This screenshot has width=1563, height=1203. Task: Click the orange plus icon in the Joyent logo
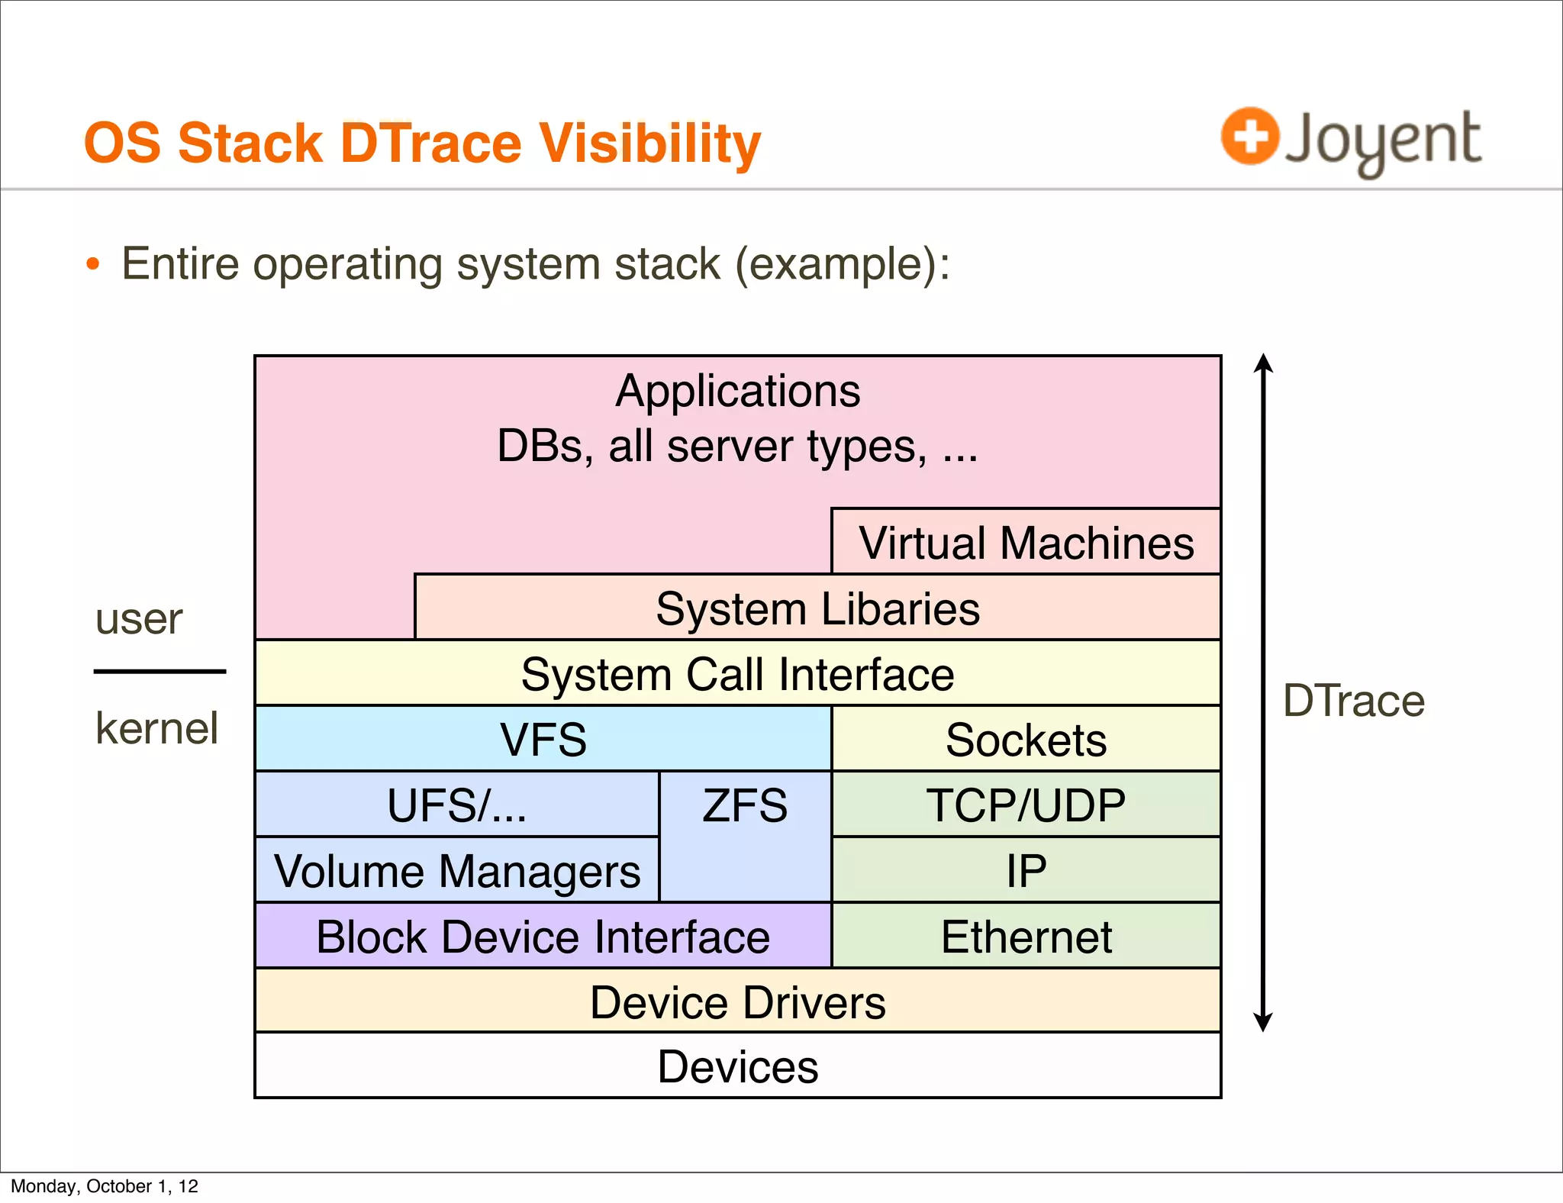tap(1249, 137)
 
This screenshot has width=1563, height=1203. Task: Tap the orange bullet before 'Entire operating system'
tap(93, 265)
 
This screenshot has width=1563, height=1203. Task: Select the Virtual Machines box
tap(1026, 543)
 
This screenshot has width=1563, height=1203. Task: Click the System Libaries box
tap(817, 608)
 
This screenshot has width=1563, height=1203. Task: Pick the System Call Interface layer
tap(737, 674)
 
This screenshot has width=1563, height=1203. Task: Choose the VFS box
tap(543, 739)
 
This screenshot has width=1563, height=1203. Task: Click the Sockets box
tap(1026, 739)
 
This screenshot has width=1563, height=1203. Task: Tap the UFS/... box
tap(456, 805)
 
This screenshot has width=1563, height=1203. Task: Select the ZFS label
tap(745, 806)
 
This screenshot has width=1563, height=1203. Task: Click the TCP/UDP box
tap(1026, 805)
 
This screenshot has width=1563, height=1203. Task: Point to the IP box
tap(1026, 870)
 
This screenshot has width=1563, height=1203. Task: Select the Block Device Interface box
tap(543, 937)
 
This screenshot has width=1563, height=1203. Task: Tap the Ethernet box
tap(1026, 937)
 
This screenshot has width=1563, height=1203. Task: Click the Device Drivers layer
tap(737, 1001)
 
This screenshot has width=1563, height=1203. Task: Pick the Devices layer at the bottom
tap(737, 1066)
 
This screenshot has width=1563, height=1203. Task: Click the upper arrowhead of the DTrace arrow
tap(1263, 363)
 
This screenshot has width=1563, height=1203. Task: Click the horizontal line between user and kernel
tap(160, 672)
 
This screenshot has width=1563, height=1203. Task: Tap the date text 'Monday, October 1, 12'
tap(105, 1186)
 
